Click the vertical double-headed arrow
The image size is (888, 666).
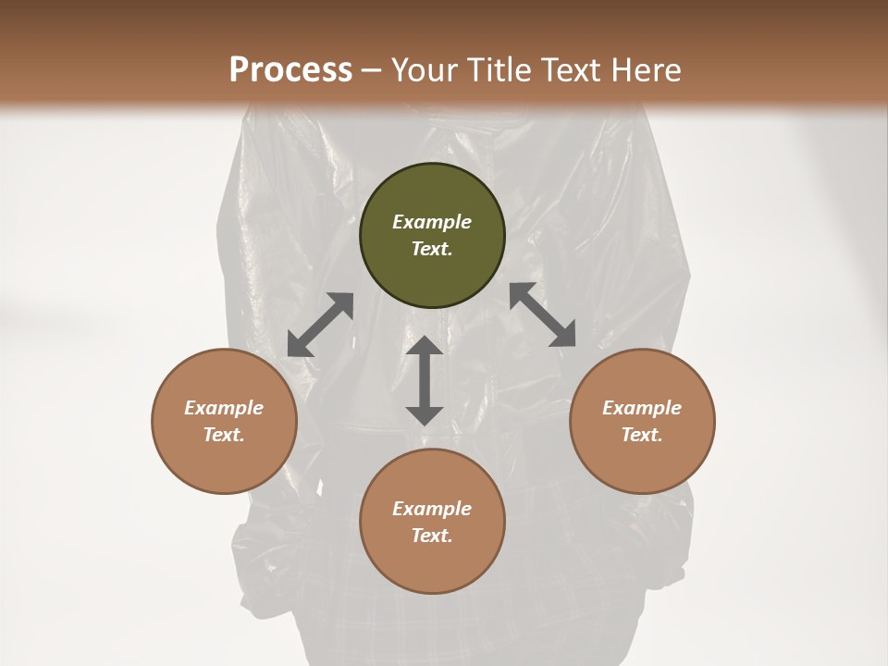pyautogui.click(x=425, y=380)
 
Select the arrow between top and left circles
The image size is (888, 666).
pyautogui.click(x=320, y=325)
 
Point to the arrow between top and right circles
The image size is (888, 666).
pyautogui.click(x=543, y=314)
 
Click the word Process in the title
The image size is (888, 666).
pyautogui.click(x=290, y=69)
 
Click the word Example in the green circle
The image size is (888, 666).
pyautogui.click(x=432, y=222)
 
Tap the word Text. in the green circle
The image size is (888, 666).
pyautogui.click(x=432, y=249)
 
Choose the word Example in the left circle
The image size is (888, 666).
pyautogui.click(x=224, y=408)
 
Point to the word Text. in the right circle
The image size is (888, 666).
pyautogui.click(x=642, y=435)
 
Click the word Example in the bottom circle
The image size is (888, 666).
pyautogui.click(x=432, y=509)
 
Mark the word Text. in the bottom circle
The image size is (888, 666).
pyautogui.click(x=432, y=536)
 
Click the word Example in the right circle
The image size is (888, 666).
pyautogui.click(x=642, y=408)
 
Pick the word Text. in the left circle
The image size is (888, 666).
pyautogui.click(x=224, y=435)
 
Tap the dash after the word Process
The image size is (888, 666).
pyautogui.click(x=372, y=70)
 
